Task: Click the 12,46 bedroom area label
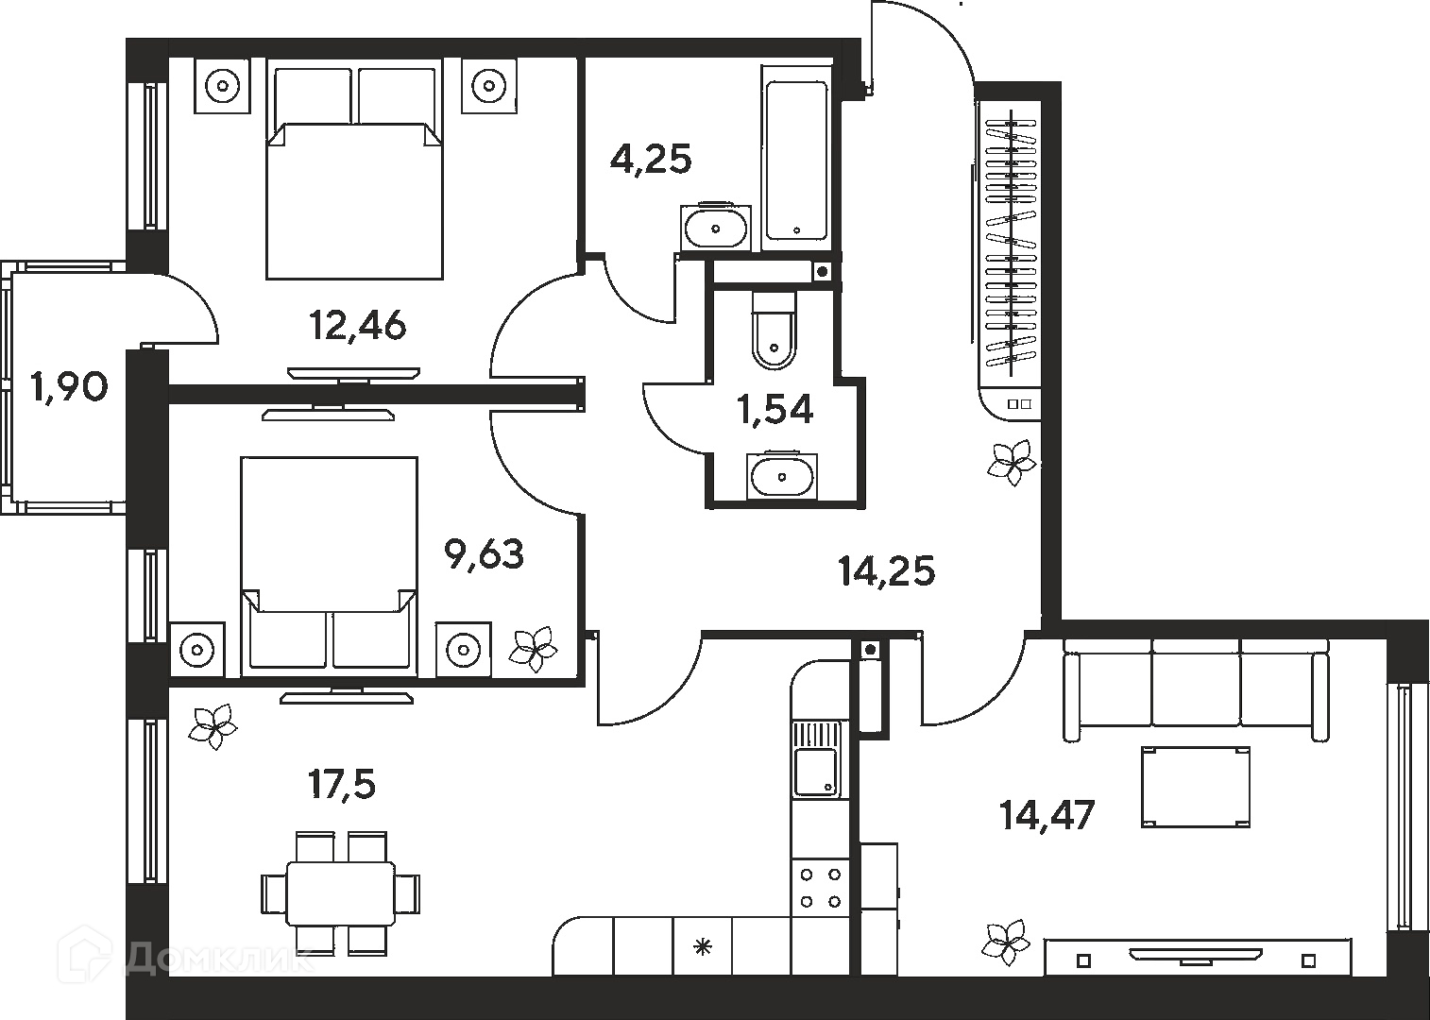[x=357, y=325]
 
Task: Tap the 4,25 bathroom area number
[x=651, y=159]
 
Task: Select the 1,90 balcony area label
[x=69, y=387]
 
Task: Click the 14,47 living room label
[x=1047, y=814]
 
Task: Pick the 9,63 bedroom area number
[x=485, y=553]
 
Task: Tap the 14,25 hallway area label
[x=887, y=570]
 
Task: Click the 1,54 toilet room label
[x=775, y=409]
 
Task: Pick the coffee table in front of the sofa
[x=1195, y=787]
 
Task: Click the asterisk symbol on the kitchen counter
[x=702, y=947]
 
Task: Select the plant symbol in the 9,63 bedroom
[x=533, y=649]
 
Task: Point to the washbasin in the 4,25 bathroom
[x=716, y=227]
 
